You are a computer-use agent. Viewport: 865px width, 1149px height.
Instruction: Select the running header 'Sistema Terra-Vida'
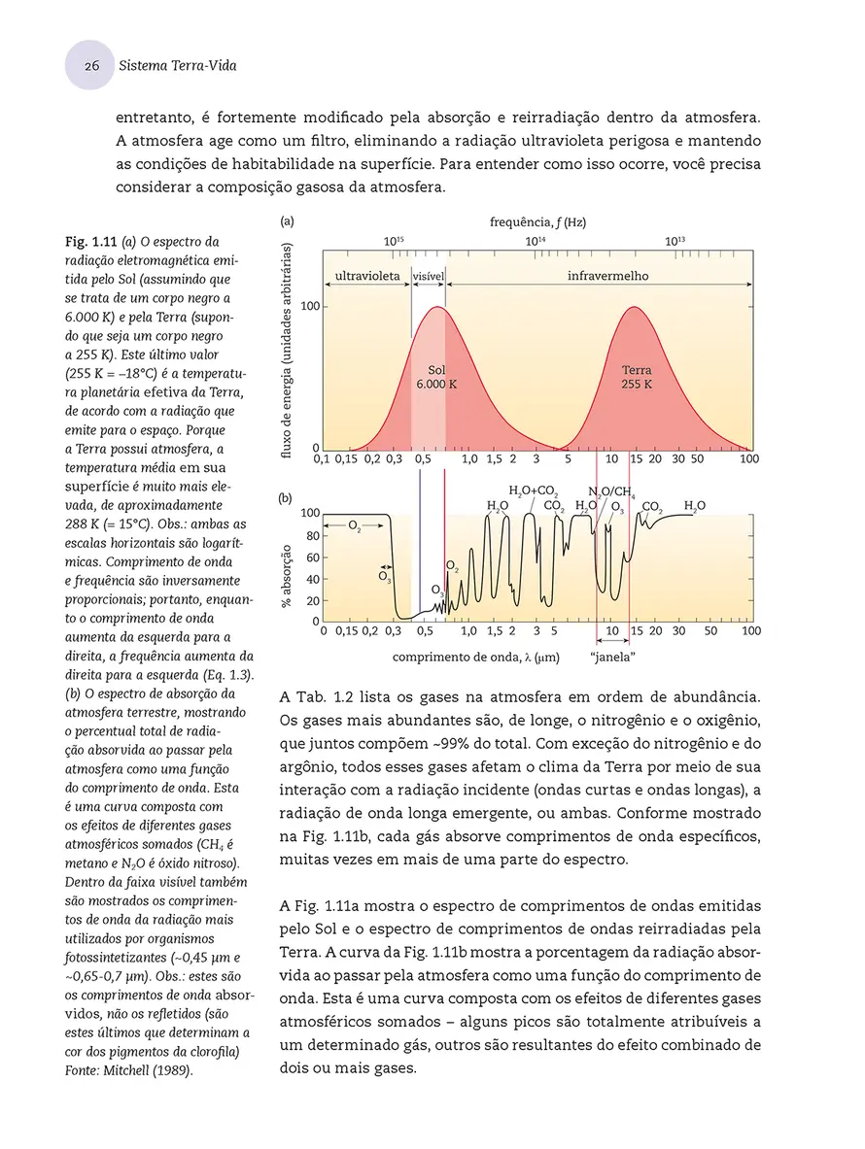pyautogui.click(x=177, y=66)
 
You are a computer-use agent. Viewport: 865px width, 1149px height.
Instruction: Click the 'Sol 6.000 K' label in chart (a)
pyautogui.click(x=436, y=377)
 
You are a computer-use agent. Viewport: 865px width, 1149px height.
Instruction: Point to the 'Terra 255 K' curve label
pyautogui.click(x=637, y=377)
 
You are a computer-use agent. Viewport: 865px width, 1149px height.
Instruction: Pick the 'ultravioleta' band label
pyautogui.click(x=367, y=276)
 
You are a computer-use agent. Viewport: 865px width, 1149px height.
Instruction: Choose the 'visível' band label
pyautogui.click(x=429, y=276)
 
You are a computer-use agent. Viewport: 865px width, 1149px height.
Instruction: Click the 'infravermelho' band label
pyautogui.click(x=607, y=276)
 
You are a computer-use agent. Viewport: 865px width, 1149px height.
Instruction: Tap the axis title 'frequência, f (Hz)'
pyautogui.click(x=537, y=222)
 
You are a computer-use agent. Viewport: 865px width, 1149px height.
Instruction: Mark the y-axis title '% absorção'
pyautogui.click(x=288, y=580)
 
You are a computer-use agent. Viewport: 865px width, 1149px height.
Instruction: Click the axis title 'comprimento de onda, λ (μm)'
pyautogui.click(x=476, y=658)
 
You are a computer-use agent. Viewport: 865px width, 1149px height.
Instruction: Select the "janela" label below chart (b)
pyautogui.click(x=612, y=658)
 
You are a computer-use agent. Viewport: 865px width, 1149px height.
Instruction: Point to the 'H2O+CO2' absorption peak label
pyautogui.click(x=533, y=490)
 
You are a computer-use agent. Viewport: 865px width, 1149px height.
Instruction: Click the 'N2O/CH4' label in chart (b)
pyautogui.click(x=611, y=491)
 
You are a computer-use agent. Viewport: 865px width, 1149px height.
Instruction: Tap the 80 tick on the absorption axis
pyautogui.click(x=314, y=535)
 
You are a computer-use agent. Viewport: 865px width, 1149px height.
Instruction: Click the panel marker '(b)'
pyautogui.click(x=286, y=497)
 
